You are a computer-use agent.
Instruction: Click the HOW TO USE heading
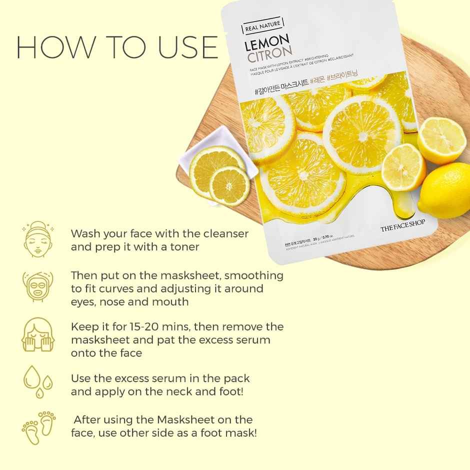pyautogui.click(x=117, y=47)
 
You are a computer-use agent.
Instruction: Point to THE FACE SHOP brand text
pyautogui.click(x=402, y=228)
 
